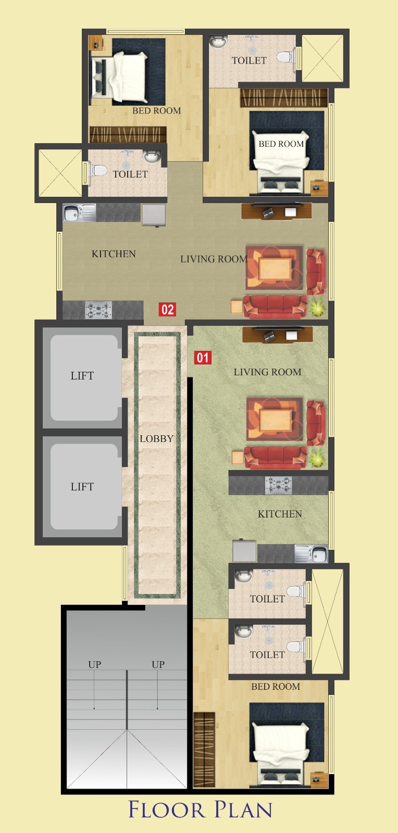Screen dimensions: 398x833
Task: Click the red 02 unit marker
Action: click(x=167, y=309)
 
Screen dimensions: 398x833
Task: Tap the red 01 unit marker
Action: click(x=203, y=357)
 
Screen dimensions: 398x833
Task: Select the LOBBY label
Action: click(x=157, y=439)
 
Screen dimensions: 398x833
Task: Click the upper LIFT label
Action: click(x=82, y=375)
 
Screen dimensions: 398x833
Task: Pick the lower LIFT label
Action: click(x=82, y=486)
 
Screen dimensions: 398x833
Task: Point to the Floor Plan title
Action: click(x=201, y=810)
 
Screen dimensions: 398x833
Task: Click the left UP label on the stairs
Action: click(x=94, y=664)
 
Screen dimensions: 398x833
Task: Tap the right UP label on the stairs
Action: click(x=158, y=664)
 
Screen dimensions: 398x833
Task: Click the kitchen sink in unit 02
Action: click(x=79, y=213)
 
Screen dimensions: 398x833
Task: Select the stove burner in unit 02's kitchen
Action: click(x=98, y=310)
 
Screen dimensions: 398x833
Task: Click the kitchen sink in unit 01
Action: click(x=312, y=554)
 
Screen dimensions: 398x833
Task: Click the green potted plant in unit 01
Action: click(x=317, y=457)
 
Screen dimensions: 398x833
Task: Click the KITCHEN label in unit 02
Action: click(x=114, y=254)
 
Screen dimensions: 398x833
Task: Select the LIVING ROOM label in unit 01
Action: click(x=267, y=372)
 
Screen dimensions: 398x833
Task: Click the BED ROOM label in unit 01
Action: click(x=276, y=687)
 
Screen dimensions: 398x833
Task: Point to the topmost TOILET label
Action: click(x=249, y=60)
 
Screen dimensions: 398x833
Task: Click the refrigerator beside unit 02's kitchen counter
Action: click(x=154, y=215)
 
